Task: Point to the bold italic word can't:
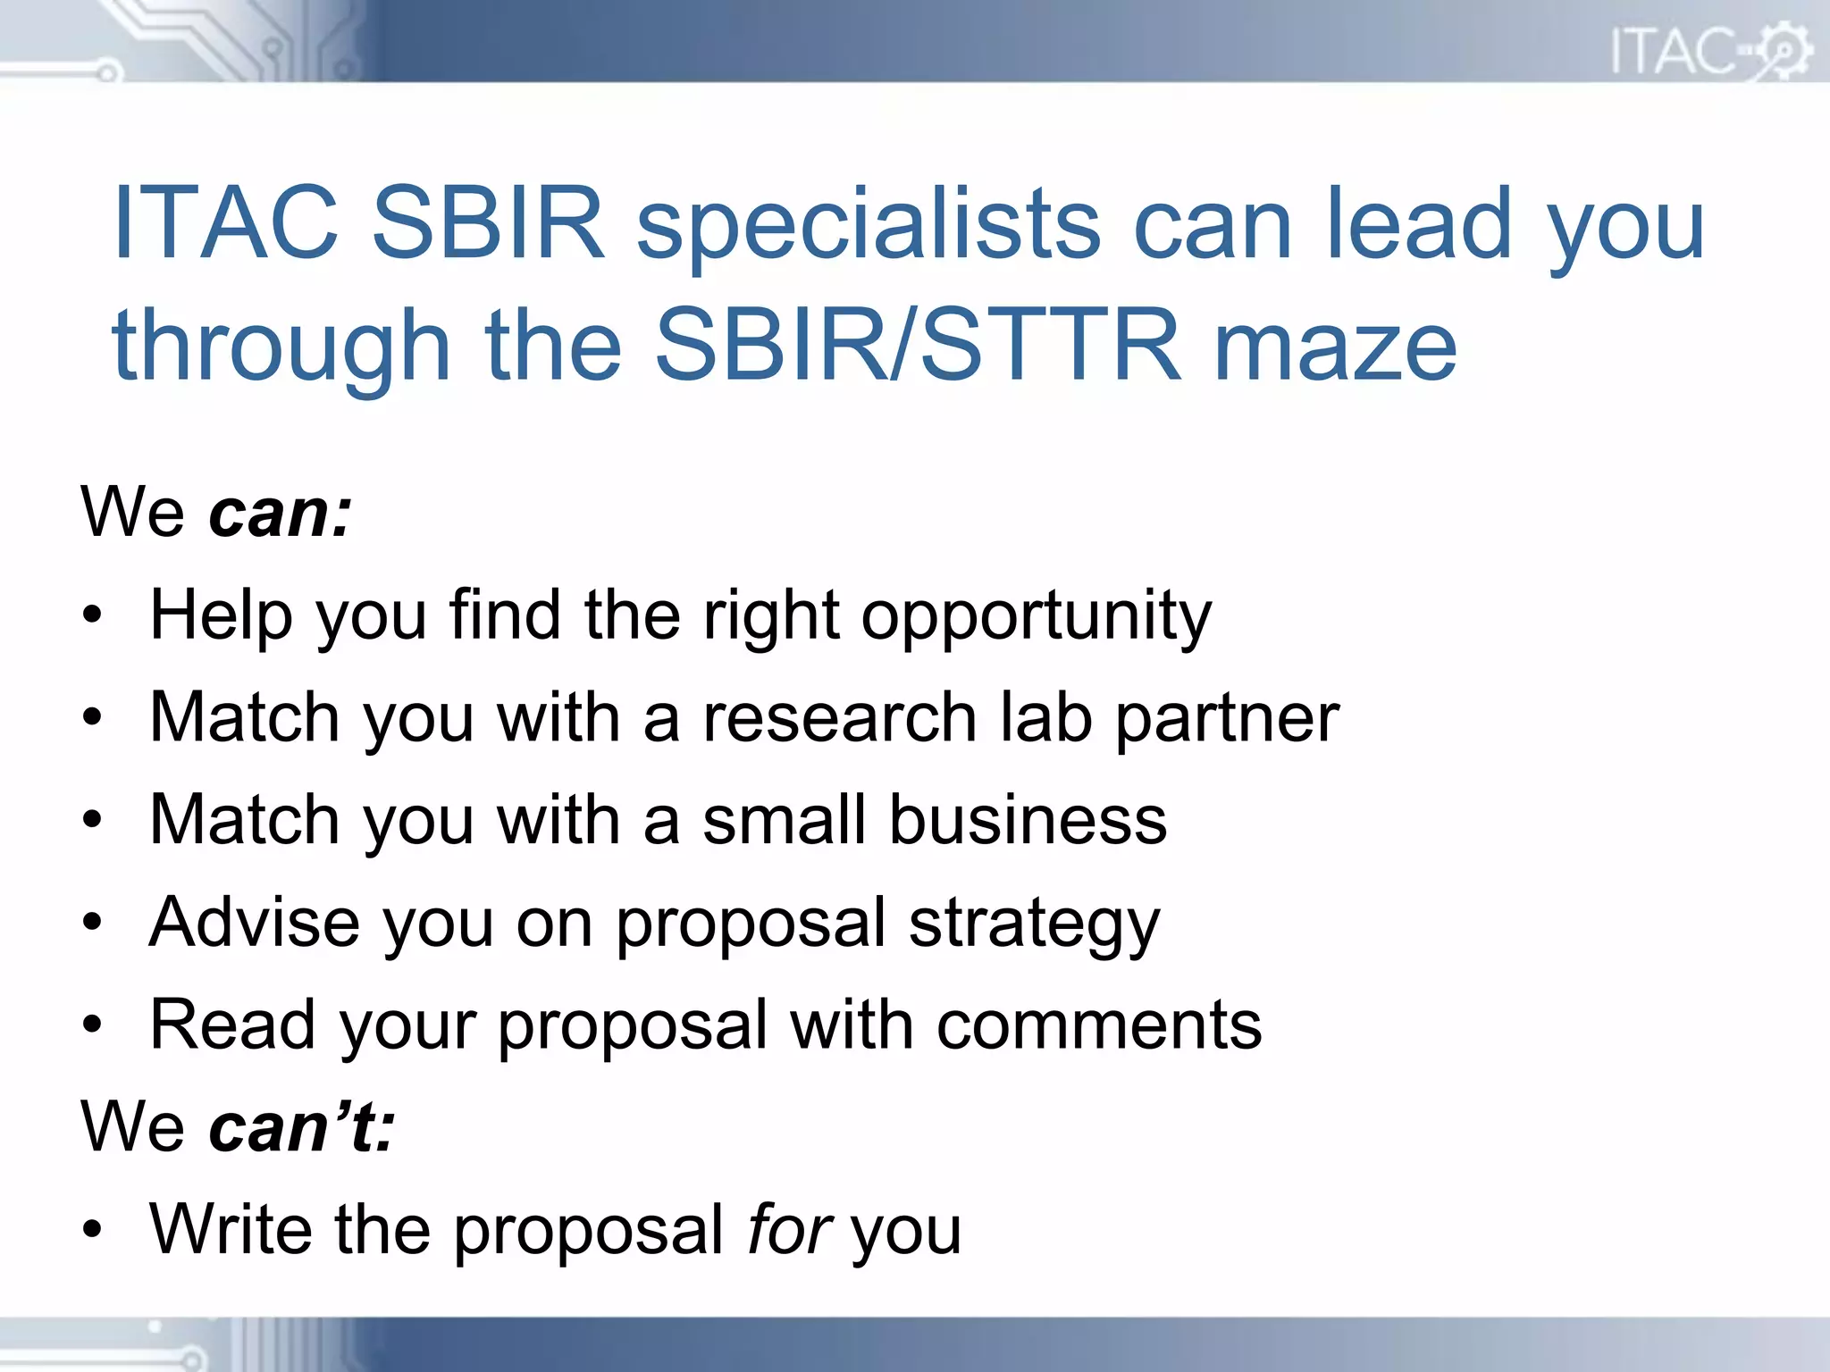pos(301,1126)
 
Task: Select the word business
pos(1028,820)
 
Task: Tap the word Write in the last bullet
pos(231,1229)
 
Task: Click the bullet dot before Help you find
pos(92,615)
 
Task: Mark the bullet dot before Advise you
pos(92,922)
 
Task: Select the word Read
pos(232,1025)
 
